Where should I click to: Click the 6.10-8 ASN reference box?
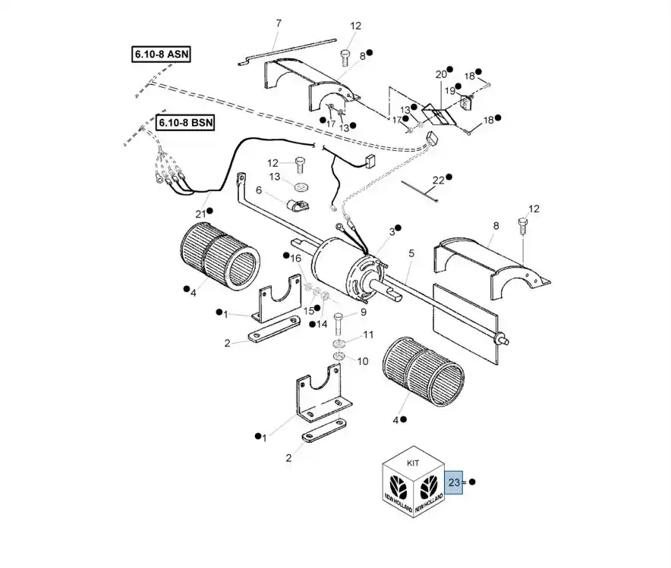pos(161,55)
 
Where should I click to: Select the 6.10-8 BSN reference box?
pos(185,123)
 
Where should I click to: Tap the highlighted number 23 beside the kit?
pos(454,482)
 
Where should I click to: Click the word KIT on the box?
pos(413,463)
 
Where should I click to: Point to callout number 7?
pos(279,23)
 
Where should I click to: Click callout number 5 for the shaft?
pos(411,253)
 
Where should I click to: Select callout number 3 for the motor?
pos(392,231)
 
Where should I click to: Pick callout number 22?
pos(438,180)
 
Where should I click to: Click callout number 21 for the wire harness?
pos(200,214)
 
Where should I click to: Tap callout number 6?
pos(259,190)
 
